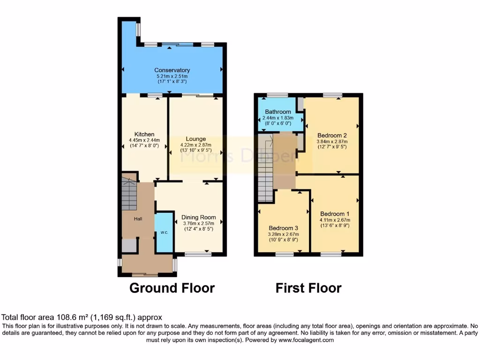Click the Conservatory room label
[x=172, y=70]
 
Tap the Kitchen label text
[x=144, y=135]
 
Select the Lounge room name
[x=195, y=139]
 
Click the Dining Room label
[x=199, y=217]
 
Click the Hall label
[x=137, y=219]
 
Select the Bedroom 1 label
[x=334, y=214]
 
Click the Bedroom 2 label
[x=331, y=132]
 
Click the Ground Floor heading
[x=172, y=288]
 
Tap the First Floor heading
[x=308, y=288]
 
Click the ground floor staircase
[x=129, y=195]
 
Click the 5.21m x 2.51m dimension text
[x=172, y=76]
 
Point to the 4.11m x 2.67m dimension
[x=334, y=220]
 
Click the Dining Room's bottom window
[x=198, y=254]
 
